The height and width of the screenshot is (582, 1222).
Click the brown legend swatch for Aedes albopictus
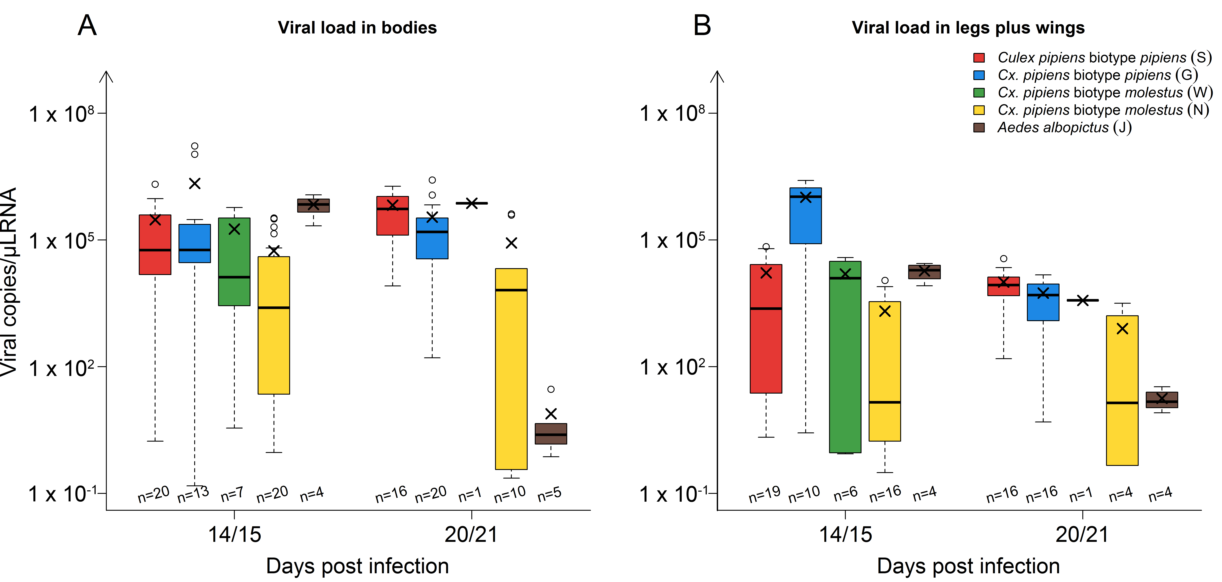979,128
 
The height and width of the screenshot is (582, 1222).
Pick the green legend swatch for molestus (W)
979,93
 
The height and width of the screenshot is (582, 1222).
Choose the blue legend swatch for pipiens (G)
979,75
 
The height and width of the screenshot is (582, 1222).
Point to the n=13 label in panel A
193,494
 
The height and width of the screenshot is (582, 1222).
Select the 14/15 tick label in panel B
845,535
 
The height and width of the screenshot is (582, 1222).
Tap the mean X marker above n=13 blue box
195,183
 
